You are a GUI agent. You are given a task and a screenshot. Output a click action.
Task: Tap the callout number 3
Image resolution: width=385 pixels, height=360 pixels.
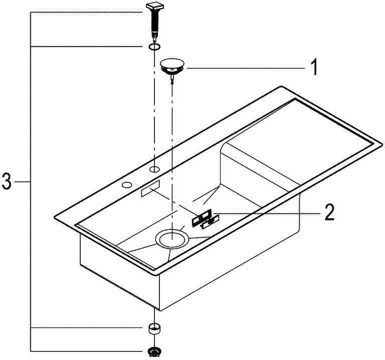point(6,181)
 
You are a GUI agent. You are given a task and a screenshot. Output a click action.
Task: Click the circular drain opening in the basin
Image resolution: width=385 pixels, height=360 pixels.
point(172,239)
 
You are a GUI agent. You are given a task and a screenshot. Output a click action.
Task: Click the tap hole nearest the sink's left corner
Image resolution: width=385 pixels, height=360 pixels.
point(127,185)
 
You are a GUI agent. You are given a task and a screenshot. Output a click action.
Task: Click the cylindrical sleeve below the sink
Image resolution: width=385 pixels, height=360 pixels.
point(154,328)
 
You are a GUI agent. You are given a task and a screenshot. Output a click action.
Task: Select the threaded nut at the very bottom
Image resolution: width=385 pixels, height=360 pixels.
point(154,352)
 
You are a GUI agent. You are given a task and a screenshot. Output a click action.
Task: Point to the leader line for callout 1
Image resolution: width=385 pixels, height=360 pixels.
point(246,69)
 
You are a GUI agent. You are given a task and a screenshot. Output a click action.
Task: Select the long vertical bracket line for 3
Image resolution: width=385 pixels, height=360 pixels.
point(31,182)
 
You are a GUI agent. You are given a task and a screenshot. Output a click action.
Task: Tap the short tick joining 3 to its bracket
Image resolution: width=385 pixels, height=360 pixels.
point(23,182)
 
